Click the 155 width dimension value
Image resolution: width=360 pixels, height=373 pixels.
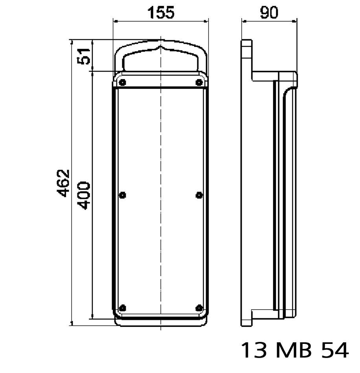click(160, 13)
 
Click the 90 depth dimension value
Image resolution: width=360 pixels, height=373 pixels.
click(269, 13)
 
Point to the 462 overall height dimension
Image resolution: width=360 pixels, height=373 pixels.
click(63, 183)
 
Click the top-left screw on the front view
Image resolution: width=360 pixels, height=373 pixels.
click(122, 82)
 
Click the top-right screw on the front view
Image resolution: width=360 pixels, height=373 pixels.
click(199, 82)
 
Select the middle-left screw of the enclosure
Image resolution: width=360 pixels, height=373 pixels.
click(122, 195)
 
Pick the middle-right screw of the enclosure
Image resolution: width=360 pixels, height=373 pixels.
click(199, 195)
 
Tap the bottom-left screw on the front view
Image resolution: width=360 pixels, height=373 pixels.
click(122, 308)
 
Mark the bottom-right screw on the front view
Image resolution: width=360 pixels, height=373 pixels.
click(199, 308)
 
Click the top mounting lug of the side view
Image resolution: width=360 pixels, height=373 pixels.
click(247, 49)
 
